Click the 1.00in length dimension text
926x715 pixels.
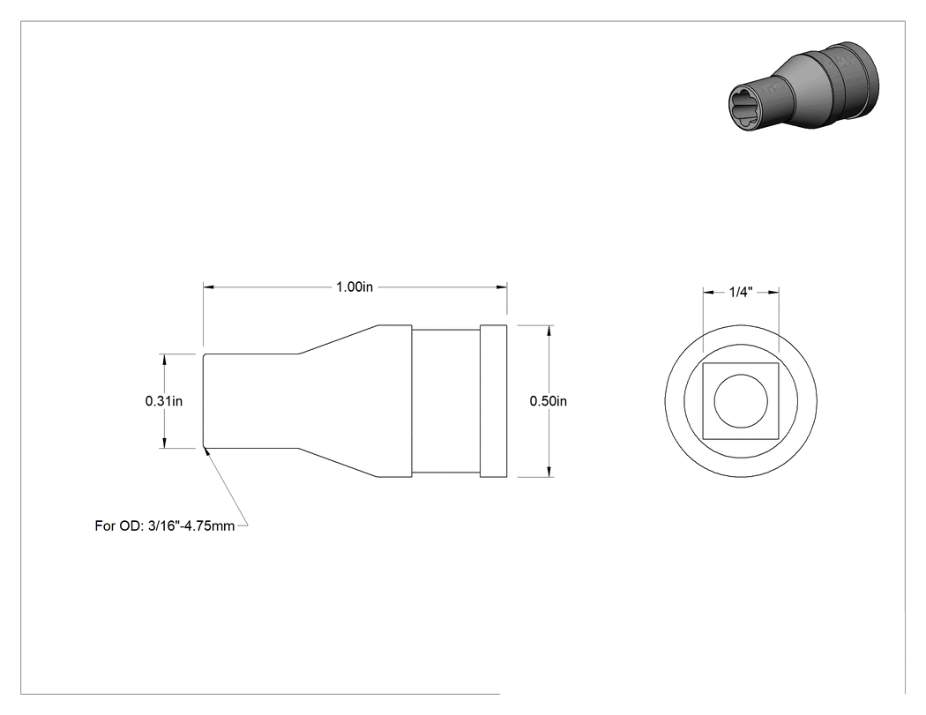point(355,287)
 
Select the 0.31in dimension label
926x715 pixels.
point(163,401)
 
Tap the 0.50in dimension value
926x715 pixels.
point(548,401)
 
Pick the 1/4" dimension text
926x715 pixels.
point(741,292)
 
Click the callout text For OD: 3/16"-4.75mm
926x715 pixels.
point(165,525)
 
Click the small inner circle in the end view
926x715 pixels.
point(741,401)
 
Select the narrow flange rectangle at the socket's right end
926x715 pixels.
point(493,401)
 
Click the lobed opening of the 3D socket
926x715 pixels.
point(746,106)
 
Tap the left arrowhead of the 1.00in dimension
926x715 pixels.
point(208,287)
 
